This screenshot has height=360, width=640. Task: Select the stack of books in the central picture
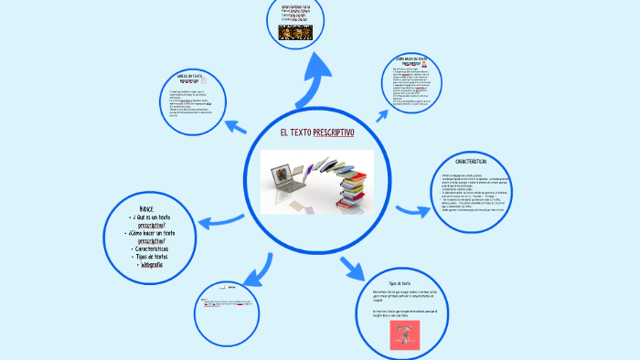(352, 185)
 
